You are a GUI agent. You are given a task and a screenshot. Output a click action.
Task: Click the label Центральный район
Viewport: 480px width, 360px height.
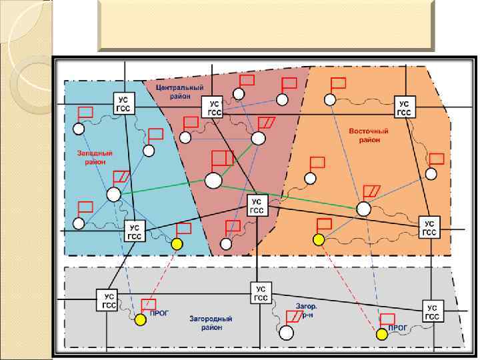174,91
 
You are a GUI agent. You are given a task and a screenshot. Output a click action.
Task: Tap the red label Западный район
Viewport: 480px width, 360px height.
98,157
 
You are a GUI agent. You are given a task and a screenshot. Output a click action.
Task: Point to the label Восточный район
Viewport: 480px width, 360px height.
365,135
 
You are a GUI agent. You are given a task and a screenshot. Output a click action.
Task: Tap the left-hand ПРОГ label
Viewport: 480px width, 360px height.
159,312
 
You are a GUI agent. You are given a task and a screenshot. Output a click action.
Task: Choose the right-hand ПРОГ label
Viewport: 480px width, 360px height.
397,327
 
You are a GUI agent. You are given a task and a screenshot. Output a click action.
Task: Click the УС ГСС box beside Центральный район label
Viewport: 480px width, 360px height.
214,109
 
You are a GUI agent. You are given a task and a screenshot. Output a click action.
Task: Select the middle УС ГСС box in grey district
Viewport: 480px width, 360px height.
261,293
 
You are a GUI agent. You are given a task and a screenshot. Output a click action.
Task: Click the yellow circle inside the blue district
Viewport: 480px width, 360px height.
177,244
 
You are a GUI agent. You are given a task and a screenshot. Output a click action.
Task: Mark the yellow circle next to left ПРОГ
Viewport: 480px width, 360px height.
140,321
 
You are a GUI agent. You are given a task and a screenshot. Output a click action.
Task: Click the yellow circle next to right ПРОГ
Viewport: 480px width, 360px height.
381,333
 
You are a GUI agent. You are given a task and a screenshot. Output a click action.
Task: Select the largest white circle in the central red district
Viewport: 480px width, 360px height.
213,180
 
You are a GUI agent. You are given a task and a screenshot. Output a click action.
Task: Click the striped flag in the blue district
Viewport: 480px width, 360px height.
122,177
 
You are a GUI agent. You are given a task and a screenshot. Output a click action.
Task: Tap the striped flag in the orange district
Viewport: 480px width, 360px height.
373,191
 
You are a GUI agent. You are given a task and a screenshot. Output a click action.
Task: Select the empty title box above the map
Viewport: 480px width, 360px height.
266,26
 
